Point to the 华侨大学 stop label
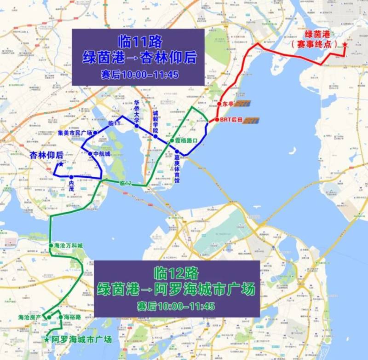pos(137,110)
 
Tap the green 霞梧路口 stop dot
pos(172,140)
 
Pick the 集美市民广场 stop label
pos(75,133)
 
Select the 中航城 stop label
pos(101,154)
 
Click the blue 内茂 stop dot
pos(71,177)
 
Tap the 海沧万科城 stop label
pos(68,245)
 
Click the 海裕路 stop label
pos(72,317)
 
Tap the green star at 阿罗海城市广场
pos(46,340)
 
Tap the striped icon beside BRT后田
pos(251,121)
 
